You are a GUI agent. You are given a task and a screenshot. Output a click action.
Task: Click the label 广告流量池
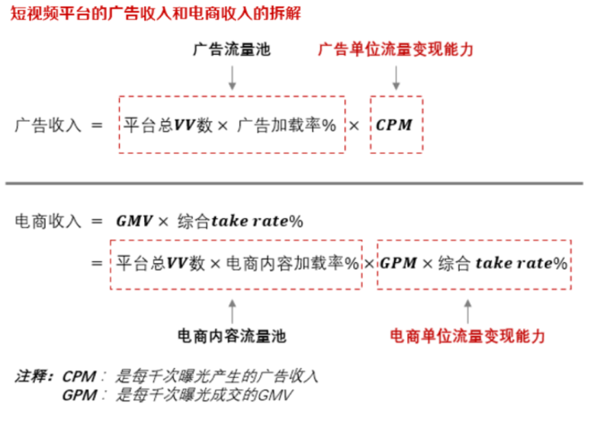point(232,50)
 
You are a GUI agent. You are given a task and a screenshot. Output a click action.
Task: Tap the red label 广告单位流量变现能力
point(396,50)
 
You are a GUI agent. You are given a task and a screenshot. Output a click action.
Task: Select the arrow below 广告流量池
point(232,76)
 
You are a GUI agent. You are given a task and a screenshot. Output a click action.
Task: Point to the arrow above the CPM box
point(396,76)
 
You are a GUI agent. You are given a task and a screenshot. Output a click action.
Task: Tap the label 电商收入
point(47,222)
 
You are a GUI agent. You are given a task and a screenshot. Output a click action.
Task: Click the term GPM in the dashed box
point(397,264)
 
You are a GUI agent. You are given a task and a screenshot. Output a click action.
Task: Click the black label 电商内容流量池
point(232,336)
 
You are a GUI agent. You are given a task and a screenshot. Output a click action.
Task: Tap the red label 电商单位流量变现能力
point(467,336)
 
